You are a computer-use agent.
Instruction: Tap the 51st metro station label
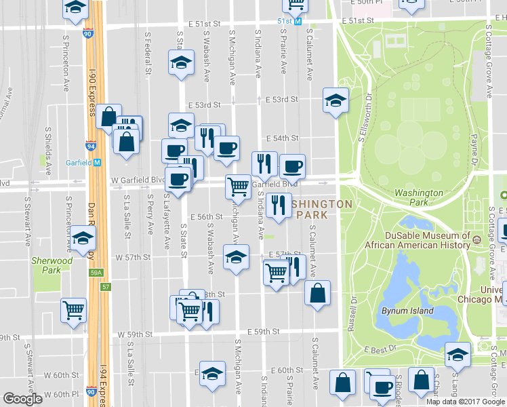(289, 21)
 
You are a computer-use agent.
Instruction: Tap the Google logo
(22, 399)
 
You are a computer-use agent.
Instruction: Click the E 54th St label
(282, 138)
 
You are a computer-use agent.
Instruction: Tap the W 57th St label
(132, 258)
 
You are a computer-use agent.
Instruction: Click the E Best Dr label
(380, 349)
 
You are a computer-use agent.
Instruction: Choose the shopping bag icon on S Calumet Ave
(317, 293)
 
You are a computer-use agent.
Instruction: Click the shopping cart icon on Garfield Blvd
(238, 185)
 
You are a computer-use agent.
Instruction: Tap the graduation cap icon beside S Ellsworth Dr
(335, 100)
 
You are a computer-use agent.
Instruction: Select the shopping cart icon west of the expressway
(73, 310)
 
